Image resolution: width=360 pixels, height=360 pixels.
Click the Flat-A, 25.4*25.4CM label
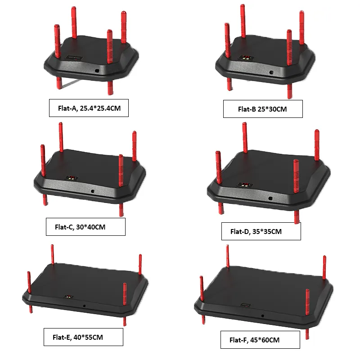89,108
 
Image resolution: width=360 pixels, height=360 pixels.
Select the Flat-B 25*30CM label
263,109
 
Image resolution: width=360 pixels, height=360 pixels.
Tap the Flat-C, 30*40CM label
85,227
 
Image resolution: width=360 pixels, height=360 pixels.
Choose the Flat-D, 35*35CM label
261,231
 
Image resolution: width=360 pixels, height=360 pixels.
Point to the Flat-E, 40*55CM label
84,337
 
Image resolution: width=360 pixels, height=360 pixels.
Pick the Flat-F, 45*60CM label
261,340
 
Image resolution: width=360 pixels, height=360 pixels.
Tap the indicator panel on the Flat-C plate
70,178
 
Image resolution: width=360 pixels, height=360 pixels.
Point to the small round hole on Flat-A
97,71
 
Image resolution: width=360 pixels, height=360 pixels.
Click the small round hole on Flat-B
270,72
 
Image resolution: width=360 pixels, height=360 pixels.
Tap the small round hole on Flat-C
93,191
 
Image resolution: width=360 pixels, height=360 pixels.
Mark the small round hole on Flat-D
270,198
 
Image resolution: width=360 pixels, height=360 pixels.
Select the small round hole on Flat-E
84,306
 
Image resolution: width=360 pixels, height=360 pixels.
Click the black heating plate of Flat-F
265,288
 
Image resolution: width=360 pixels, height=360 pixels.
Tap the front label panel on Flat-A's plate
73,58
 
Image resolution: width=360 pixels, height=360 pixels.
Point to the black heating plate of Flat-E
85,283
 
